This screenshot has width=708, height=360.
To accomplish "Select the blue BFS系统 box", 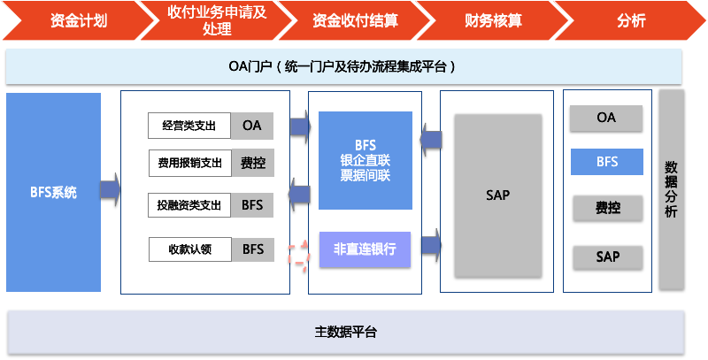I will point(53,192).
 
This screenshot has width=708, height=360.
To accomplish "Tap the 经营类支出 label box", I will point(189,126).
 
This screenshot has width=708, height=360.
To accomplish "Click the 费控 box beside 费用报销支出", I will point(252,163).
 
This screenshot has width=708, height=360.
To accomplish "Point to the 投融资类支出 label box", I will point(189,205).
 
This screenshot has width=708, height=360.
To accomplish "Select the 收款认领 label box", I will point(189,249).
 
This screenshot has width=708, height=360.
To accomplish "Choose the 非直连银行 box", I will point(365,249).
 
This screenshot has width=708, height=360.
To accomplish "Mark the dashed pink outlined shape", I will point(299,250).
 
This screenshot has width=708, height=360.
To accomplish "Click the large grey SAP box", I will point(497,195).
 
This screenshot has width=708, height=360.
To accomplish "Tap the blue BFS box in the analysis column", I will point(606,162).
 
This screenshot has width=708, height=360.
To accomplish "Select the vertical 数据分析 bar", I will point(671,188).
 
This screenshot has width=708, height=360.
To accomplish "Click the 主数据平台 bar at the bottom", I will point(345,333).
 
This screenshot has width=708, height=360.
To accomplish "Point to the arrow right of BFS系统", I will point(111,190).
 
